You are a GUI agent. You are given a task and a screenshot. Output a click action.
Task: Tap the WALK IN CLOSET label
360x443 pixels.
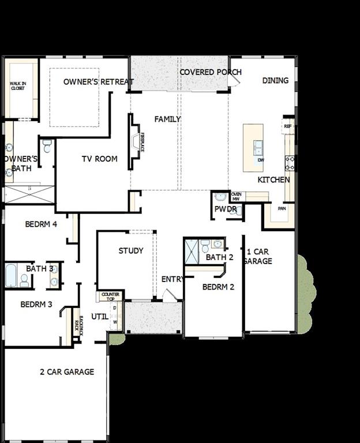click(x=17, y=86)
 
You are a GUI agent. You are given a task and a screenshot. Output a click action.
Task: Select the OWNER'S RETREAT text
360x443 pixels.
click(x=99, y=82)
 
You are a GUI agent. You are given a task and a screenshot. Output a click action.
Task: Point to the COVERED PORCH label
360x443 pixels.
click(x=210, y=72)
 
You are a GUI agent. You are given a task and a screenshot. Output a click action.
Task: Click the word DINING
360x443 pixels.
click(x=275, y=80)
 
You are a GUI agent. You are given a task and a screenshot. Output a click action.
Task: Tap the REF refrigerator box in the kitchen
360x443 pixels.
click(x=287, y=126)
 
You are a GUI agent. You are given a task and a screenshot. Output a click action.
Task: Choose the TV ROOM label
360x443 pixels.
click(x=99, y=159)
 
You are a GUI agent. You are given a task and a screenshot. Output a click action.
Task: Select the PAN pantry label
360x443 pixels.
click(x=282, y=208)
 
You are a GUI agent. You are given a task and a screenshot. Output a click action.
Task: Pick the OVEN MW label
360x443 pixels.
click(x=236, y=196)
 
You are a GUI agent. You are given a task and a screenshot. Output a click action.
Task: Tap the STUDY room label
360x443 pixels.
click(x=131, y=250)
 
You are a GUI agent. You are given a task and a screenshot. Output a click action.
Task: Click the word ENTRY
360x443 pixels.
click(x=172, y=279)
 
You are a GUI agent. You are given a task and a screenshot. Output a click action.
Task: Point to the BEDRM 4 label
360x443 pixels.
click(x=41, y=224)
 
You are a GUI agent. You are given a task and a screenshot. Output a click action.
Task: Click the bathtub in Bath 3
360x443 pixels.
click(x=11, y=275)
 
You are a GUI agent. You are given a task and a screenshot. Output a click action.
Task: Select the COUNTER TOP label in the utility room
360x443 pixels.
click(x=110, y=296)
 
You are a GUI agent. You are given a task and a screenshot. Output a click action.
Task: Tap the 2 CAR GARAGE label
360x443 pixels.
click(x=67, y=372)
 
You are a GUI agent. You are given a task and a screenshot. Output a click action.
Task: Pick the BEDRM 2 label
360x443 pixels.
click(x=218, y=287)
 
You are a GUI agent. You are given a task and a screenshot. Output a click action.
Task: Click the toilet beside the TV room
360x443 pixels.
click(x=47, y=145)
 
